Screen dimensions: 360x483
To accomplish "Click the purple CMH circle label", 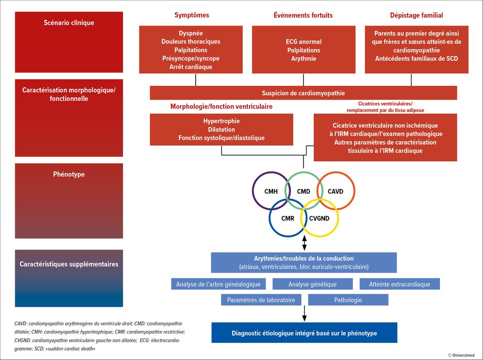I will coord(271,192).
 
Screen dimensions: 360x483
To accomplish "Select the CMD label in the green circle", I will coord(303,192).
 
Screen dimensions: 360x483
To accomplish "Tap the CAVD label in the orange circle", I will coord(335,192).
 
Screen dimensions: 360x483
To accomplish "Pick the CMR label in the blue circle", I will coord(288,218).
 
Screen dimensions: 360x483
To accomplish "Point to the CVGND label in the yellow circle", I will coord(319,218).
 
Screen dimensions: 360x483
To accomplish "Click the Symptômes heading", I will coord(192,15).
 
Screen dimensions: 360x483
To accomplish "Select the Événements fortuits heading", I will coord(303,15).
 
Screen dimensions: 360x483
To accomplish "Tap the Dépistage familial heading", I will coord(416,15).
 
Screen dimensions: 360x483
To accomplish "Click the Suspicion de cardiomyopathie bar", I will coord(303,93).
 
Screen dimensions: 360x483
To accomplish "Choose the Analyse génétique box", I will coord(312,284).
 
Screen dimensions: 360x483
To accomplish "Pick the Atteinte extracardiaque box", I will coord(400,284).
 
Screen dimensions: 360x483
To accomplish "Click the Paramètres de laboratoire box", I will coord(261,300).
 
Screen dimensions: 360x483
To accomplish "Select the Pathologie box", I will coord(348,300).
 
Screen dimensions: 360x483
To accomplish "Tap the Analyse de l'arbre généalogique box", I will coord(218,284).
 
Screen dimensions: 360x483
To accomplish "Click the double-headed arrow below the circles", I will coord(304,243).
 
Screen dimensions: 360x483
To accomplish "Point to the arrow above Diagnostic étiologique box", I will coord(304,313).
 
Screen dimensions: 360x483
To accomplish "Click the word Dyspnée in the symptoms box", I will coord(191,33).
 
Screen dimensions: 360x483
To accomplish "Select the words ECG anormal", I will coord(303,42).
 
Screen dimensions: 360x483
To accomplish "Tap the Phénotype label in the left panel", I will coord(69,174).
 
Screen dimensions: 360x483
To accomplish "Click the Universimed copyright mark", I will coord(461,355).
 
